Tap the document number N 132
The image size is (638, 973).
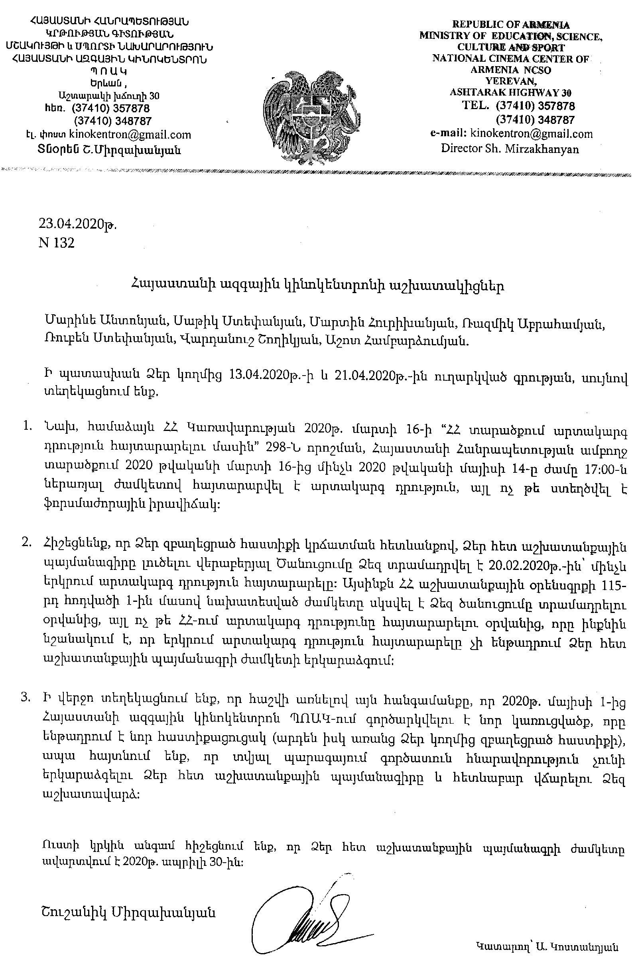coord(57,243)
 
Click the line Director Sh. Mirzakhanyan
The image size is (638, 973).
coord(510,149)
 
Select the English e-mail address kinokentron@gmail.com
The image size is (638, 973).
coord(531,134)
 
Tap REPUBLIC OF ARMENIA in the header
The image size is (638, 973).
coord(511,25)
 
